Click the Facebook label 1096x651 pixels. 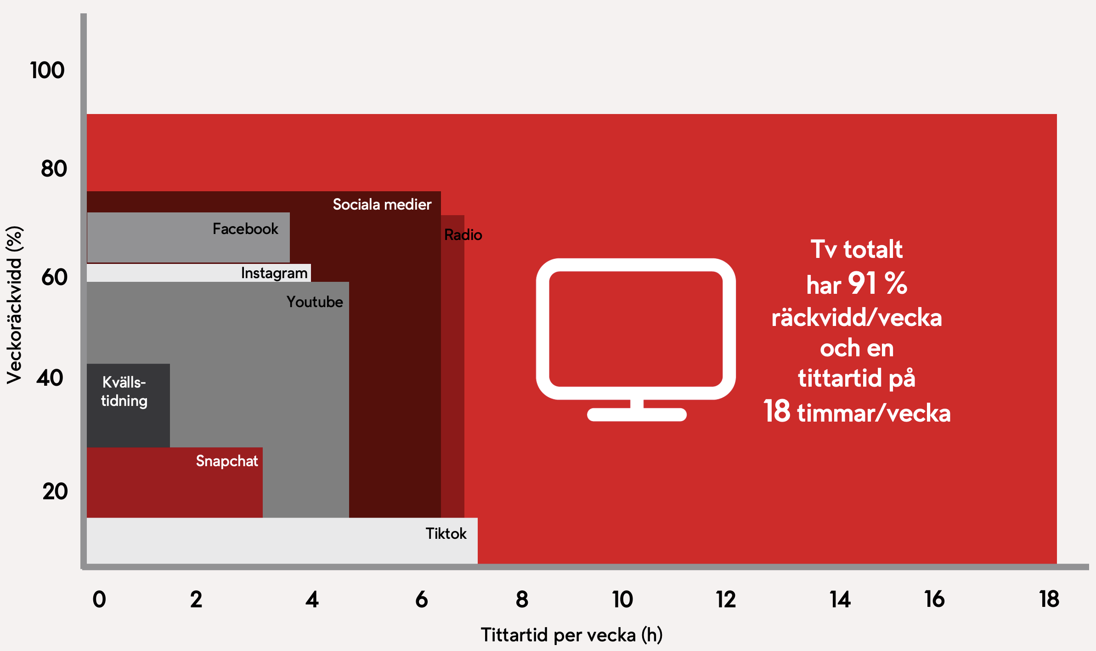(x=245, y=228)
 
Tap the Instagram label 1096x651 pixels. (x=274, y=273)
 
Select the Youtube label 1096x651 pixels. (x=315, y=302)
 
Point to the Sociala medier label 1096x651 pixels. (x=382, y=204)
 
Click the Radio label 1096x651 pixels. (x=463, y=235)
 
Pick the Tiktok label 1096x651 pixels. (x=446, y=533)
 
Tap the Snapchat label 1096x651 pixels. (x=227, y=461)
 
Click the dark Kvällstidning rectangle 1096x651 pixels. (x=128, y=405)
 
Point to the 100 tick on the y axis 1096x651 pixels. (x=47, y=70)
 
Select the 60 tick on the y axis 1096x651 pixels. (x=54, y=277)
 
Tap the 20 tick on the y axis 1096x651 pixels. (x=55, y=491)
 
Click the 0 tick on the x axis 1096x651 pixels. (x=99, y=600)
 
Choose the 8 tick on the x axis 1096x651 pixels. (x=522, y=600)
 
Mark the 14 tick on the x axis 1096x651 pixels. (x=840, y=600)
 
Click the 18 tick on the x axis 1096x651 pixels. (x=1049, y=600)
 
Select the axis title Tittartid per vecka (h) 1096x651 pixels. (x=572, y=635)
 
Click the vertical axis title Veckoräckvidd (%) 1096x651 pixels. (x=14, y=305)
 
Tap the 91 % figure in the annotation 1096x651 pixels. (x=878, y=283)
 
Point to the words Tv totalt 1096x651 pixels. (x=857, y=249)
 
